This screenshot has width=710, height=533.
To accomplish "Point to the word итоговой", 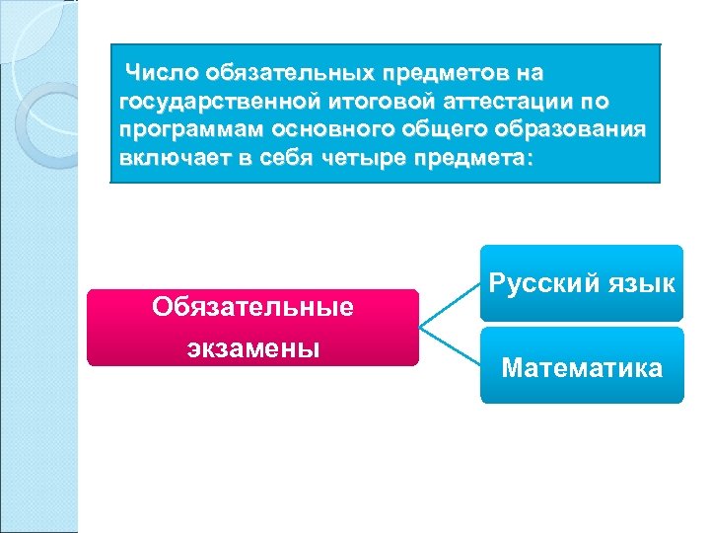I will coord(365,102).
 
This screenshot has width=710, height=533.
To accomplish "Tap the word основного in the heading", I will coord(317,131).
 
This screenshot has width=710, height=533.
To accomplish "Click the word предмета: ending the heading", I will coord(477,160).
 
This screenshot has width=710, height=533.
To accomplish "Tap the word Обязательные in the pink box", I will coord(252,307).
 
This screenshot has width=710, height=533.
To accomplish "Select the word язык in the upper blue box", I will coord(641,284).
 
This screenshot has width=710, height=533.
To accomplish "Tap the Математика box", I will coord(582,368).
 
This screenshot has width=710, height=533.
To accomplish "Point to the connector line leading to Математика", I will coord(450,348).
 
